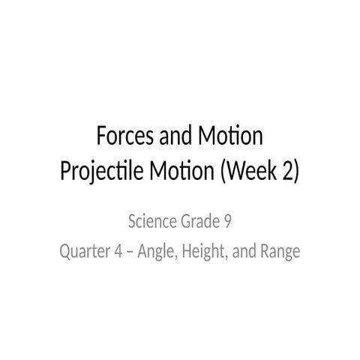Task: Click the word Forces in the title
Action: [125, 138]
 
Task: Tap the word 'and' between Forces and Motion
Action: [174, 138]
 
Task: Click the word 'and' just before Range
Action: [243, 251]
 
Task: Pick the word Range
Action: [279, 252]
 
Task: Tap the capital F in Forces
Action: [103, 138]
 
